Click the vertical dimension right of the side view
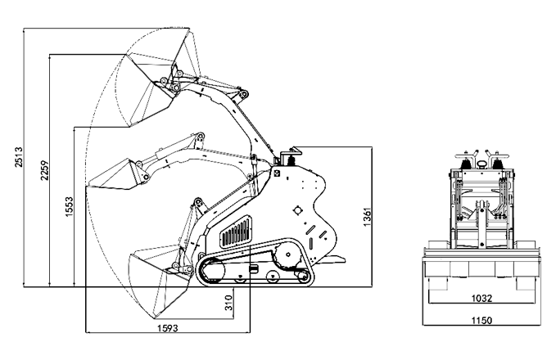(366, 217)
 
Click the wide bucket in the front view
(481, 272)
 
